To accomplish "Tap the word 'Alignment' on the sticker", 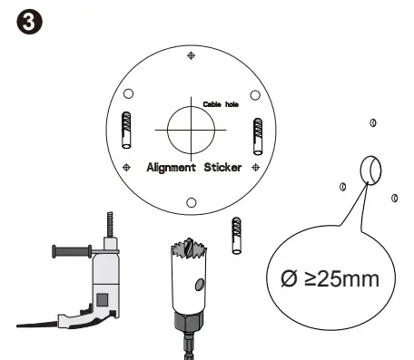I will pyautogui.click(x=176, y=168).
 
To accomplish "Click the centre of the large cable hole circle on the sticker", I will pyautogui.click(x=192, y=128).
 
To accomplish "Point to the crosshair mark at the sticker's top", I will pyautogui.click(x=191, y=56).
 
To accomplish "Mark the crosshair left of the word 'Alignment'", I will pyautogui.click(x=127, y=168).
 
